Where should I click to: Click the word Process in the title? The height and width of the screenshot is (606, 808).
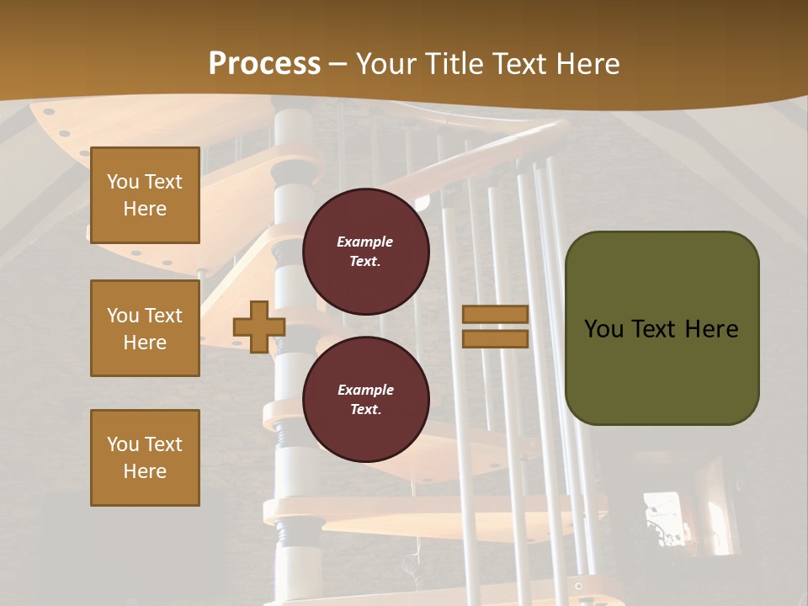(264, 63)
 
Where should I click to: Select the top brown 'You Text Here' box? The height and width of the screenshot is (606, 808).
(145, 195)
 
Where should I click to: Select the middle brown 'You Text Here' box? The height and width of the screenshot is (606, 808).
(145, 328)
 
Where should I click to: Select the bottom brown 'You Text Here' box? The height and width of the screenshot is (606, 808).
(145, 458)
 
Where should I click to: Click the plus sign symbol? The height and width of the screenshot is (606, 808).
(259, 327)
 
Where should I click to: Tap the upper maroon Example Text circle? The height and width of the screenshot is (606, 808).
(365, 252)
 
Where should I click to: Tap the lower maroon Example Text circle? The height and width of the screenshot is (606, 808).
(365, 400)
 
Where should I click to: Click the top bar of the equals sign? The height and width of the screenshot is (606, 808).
(495, 315)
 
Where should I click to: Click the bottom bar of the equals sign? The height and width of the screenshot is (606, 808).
(495, 338)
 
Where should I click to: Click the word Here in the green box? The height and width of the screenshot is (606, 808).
(711, 329)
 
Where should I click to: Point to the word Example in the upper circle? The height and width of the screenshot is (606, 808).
(364, 242)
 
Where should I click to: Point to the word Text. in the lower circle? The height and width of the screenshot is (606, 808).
(365, 409)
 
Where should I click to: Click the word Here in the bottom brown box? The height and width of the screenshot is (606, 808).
(145, 471)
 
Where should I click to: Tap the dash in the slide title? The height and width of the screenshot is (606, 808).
(338, 64)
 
